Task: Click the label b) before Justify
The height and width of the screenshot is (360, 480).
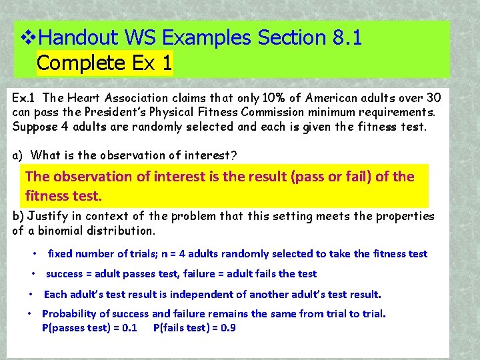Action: tap(19, 216)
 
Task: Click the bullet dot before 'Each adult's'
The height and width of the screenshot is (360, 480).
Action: tap(31, 294)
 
